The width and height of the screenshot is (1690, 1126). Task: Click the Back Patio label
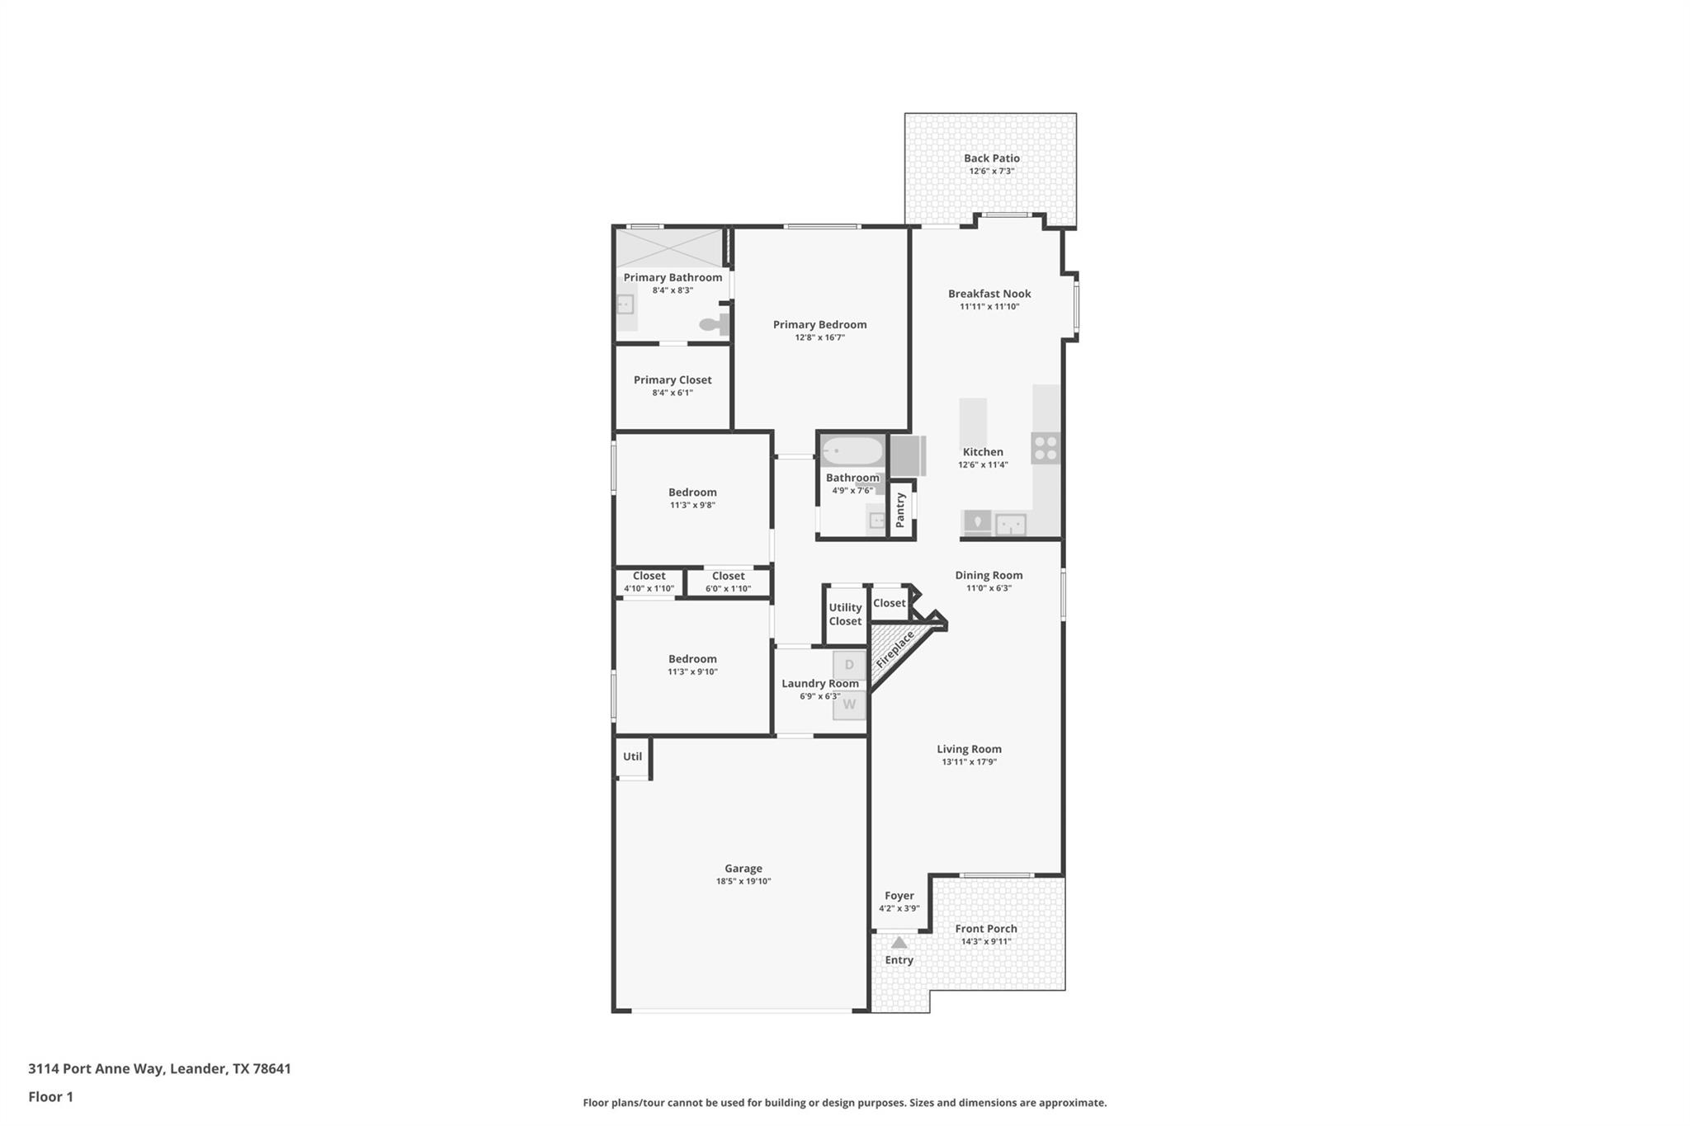tap(991, 158)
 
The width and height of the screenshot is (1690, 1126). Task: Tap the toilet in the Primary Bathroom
tap(712, 324)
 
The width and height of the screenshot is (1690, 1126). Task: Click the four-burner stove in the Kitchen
tap(1046, 448)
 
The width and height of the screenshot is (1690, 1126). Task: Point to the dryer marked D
tap(849, 665)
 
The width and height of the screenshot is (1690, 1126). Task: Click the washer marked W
tap(849, 705)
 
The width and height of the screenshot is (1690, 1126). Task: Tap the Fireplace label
tap(895, 649)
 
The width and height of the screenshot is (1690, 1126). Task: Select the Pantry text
tap(900, 510)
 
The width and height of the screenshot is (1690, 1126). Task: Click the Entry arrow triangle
tap(899, 942)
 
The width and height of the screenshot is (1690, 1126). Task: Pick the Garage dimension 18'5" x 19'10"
tap(743, 881)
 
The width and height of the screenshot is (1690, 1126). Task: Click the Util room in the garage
tap(632, 756)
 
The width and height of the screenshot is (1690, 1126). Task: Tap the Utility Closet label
tap(845, 614)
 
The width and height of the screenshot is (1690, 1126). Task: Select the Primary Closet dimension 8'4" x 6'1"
tap(672, 393)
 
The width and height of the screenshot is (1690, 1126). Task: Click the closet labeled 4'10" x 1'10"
tap(649, 582)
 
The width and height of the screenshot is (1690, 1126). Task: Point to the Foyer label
tap(899, 895)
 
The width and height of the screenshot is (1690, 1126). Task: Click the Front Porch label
tap(985, 928)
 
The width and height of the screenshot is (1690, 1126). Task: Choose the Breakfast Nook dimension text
tap(989, 307)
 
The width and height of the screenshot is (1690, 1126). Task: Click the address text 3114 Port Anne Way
tap(159, 1068)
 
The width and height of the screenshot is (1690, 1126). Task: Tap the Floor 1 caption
tap(50, 1096)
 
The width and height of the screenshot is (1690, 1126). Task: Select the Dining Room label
tap(989, 575)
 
